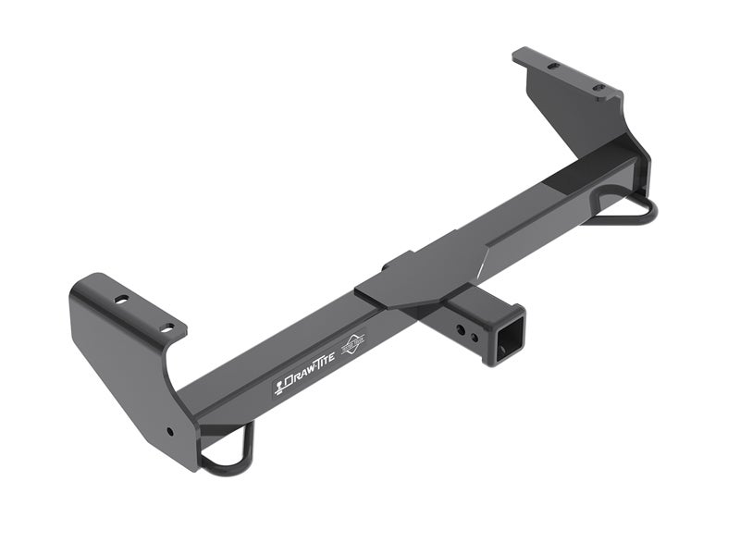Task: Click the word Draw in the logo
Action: point(300,377)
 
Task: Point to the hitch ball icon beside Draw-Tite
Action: point(279,386)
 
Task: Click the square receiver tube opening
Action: point(507,339)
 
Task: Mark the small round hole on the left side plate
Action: point(168,431)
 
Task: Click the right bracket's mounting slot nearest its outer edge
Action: point(552,66)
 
